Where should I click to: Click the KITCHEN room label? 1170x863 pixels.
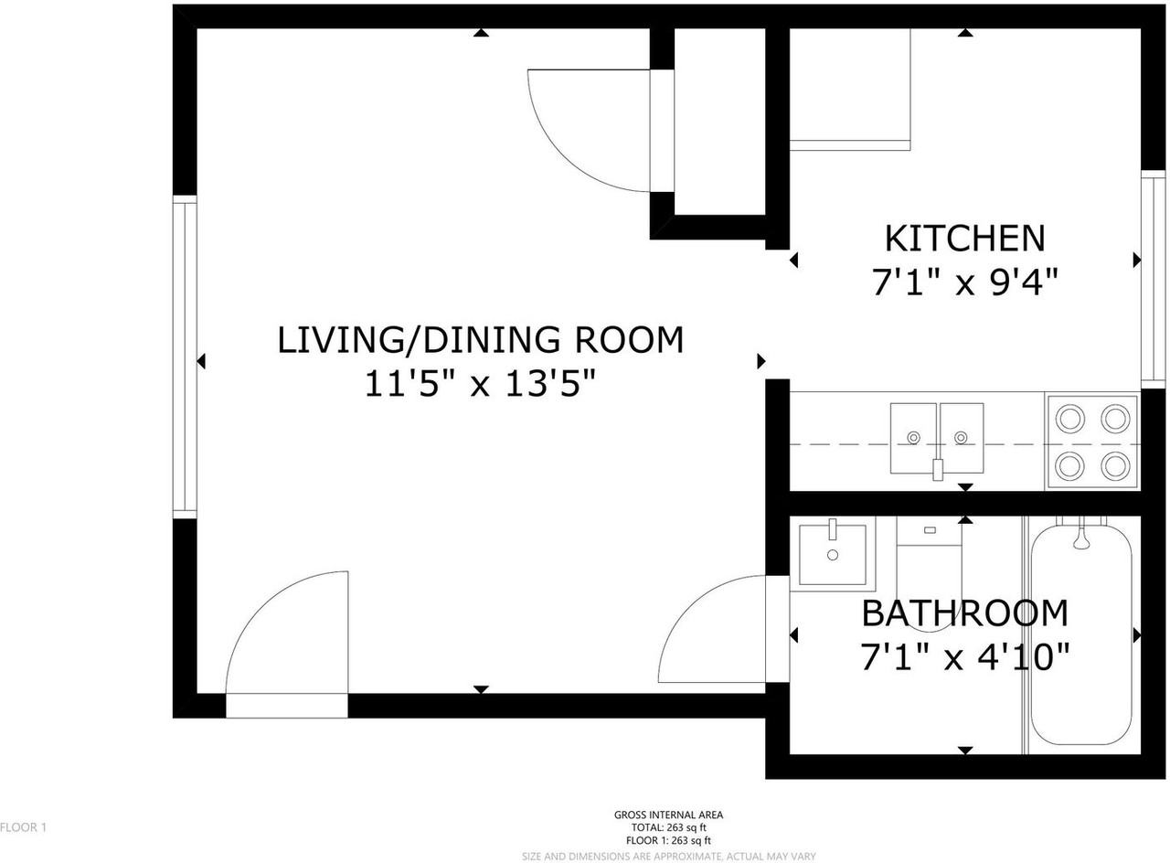[x=964, y=238]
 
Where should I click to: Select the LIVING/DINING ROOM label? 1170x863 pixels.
[x=481, y=339]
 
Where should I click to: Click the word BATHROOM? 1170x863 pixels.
[x=964, y=613]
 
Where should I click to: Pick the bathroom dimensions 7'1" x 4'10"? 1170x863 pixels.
[x=964, y=656]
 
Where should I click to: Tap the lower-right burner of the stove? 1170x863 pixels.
[x=1114, y=466]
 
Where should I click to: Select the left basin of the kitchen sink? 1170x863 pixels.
[x=913, y=438]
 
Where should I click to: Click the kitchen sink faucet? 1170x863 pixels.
[x=937, y=469]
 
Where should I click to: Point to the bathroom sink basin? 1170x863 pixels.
[x=833, y=555]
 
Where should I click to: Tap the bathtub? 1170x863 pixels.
[x=1081, y=640]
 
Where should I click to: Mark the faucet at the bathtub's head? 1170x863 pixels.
[x=1081, y=539]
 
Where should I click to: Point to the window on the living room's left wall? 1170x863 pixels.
[x=185, y=357]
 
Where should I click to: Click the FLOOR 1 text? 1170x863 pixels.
[x=23, y=827]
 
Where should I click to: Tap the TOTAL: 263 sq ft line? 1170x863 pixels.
[x=669, y=827]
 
